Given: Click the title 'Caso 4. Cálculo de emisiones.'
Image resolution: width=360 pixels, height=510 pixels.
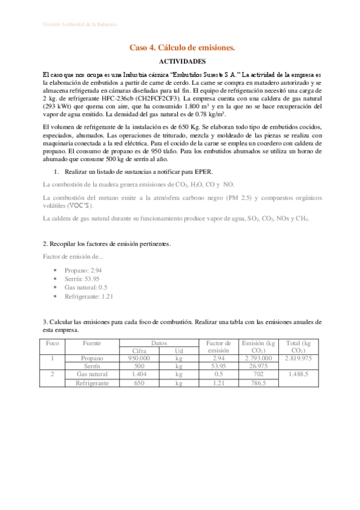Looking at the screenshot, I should [182, 47].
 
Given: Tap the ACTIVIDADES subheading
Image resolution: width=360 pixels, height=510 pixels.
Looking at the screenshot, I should [182, 61].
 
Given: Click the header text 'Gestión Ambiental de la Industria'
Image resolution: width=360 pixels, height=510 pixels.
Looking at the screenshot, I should [80, 24].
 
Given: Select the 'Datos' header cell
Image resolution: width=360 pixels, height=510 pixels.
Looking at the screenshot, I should [159, 343].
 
